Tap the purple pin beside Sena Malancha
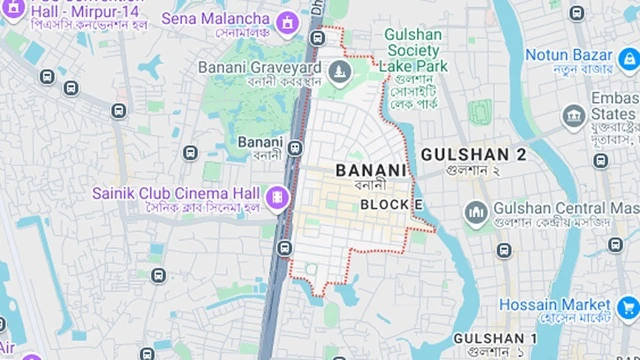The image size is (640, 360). pyautogui.click(x=290, y=19)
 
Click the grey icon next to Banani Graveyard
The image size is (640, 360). pyautogui.click(x=340, y=70)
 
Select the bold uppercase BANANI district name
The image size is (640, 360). pyautogui.click(x=372, y=170)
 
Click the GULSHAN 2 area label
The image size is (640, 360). pyautogui.click(x=473, y=154)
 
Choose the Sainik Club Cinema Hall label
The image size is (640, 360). pyautogui.click(x=176, y=192)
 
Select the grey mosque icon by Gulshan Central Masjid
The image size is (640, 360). pyautogui.click(x=476, y=212)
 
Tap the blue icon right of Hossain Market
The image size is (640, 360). pyautogui.click(x=628, y=306)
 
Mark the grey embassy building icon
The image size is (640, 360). pyautogui.click(x=573, y=118)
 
